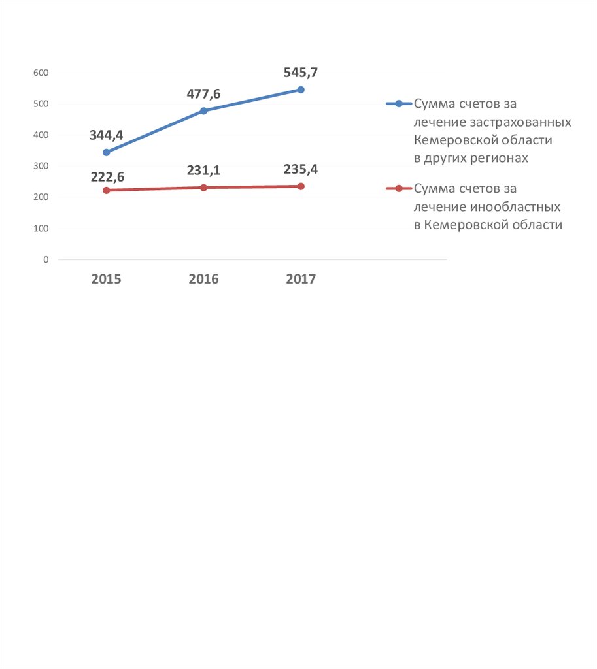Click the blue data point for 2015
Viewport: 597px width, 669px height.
click(107, 152)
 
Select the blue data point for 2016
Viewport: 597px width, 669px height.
click(204, 111)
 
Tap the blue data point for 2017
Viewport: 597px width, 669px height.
click(301, 90)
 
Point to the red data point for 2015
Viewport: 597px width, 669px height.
click(107, 190)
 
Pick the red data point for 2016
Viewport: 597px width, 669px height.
click(204, 188)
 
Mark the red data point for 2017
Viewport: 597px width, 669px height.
click(301, 186)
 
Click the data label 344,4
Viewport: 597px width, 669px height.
click(107, 135)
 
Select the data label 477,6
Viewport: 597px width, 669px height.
click(203, 94)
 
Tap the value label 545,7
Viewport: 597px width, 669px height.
click(301, 73)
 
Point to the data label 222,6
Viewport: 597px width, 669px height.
click(107, 175)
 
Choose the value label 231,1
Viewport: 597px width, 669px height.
click(203, 171)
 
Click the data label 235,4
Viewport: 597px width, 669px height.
click(301, 170)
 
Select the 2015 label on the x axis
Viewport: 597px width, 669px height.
click(107, 279)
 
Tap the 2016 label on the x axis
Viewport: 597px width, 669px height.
click(203, 279)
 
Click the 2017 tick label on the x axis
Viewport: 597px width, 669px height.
click(301, 279)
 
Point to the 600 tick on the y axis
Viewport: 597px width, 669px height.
click(41, 73)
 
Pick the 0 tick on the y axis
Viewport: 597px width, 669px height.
click(46, 259)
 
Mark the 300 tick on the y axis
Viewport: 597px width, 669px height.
click(41, 166)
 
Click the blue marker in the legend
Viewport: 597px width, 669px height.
click(398, 104)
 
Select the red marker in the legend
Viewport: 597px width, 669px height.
click(398, 189)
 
